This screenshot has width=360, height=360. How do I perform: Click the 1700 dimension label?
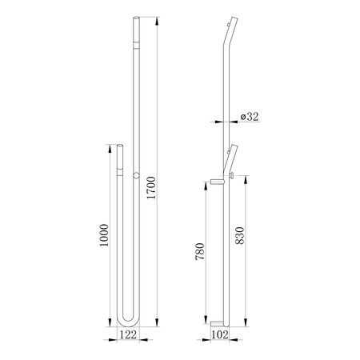pos(151,187)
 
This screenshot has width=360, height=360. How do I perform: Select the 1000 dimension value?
pos(104,235)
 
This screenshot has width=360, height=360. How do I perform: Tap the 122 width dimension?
pos(128,334)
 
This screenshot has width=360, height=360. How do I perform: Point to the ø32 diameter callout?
pos(250,117)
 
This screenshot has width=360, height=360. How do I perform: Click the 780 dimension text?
pos(200,251)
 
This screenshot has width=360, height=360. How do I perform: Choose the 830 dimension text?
pos(240,236)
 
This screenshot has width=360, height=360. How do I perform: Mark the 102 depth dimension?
pos(220,334)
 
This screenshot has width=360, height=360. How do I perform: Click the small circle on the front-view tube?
pos(136,175)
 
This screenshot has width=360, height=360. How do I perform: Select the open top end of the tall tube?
pos(136,18)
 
